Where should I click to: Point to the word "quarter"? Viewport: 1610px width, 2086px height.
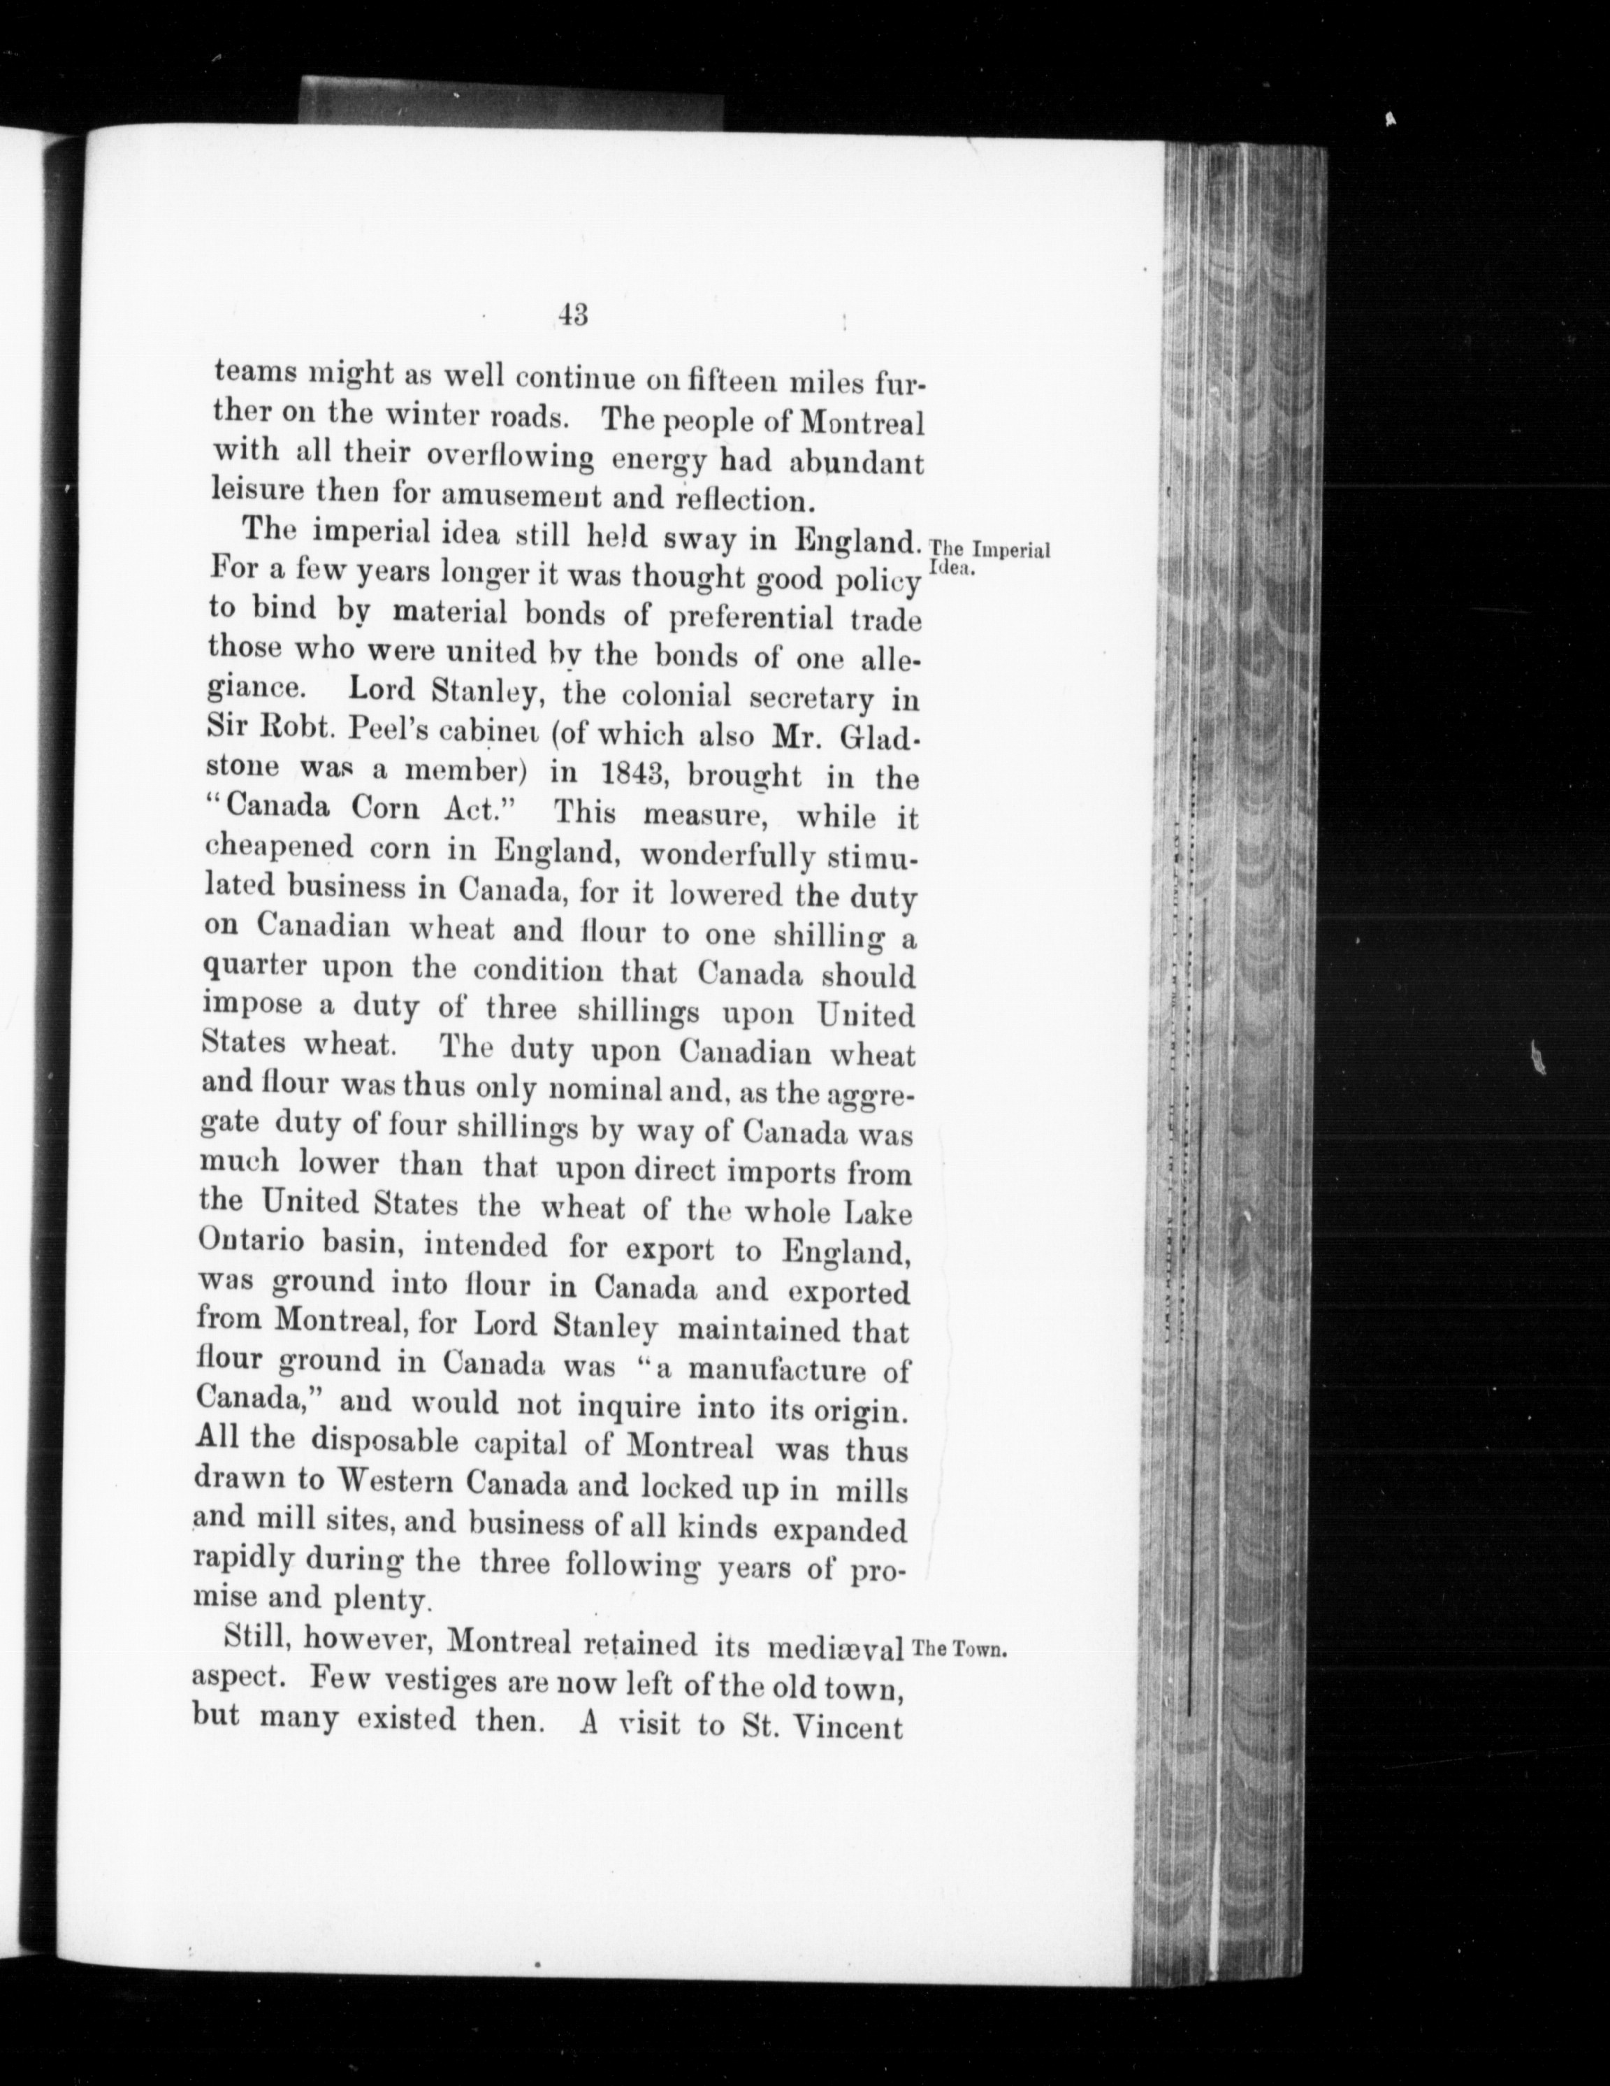point(254,967)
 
